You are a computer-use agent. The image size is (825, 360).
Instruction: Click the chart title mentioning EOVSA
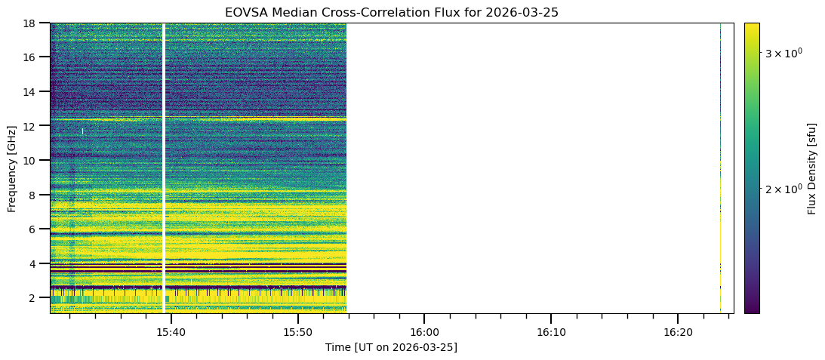[x=391, y=12]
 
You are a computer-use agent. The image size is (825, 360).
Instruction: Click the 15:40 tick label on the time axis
[x=171, y=332]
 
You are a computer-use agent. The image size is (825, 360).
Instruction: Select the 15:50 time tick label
[x=298, y=332]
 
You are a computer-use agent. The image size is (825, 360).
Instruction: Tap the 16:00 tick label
[x=424, y=332]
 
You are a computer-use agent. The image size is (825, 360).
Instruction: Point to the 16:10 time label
[x=551, y=332]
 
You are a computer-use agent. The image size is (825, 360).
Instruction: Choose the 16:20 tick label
[x=678, y=332]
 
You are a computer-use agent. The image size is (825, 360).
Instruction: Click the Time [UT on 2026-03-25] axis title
[x=391, y=347]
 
